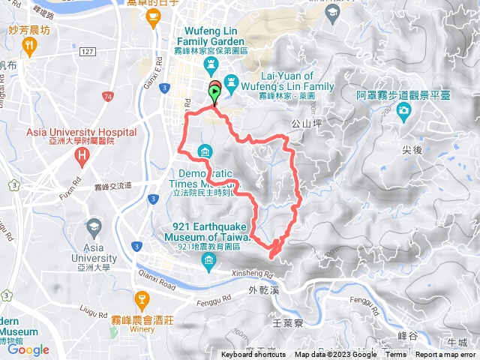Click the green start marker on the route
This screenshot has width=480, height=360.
[214, 94]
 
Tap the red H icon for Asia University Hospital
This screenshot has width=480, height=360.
[82, 157]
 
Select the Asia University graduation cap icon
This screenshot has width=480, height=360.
[94, 226]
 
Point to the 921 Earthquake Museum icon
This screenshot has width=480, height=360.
[209, 260]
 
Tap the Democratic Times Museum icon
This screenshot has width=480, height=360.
[204, 153]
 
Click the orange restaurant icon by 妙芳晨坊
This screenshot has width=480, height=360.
[30, 47]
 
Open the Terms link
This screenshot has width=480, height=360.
[396, 355]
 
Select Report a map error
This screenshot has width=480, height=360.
[445, 355]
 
